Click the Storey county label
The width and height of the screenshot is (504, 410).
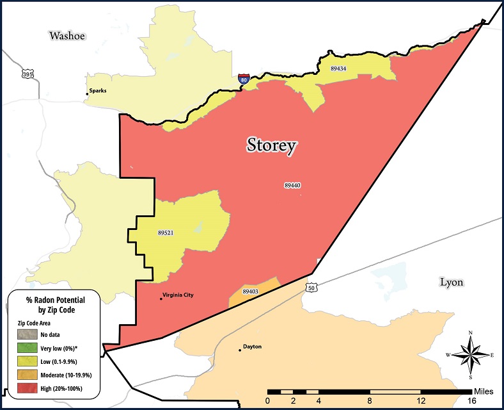click(x=272, y=145)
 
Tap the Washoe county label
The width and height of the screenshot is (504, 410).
click(x=68, y=35)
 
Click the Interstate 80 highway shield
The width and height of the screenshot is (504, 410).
click(x=244, y=79)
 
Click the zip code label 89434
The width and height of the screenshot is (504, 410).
click(x=339, y=68)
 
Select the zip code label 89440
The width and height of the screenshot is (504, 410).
click(x=292, y=185)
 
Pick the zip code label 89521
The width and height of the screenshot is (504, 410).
click(x=166, y=233)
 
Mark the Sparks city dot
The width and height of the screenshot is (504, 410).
click(x=87, y=94)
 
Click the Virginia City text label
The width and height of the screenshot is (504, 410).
click(x=178, y=295)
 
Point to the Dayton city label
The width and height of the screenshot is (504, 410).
click(x=253, y=347)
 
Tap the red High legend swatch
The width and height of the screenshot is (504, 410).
click(x=27, y=388)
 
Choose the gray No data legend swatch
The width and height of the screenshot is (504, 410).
click(x=27, y=334)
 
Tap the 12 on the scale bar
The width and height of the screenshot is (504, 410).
click(x=421, y=400)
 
